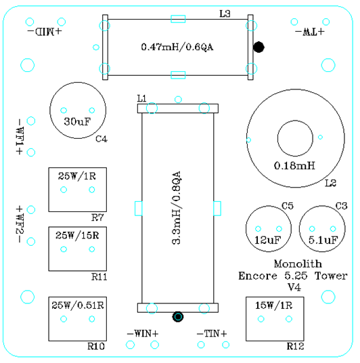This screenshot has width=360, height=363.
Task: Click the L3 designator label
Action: [225, 14]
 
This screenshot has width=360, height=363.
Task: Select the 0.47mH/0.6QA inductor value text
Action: [177, 47]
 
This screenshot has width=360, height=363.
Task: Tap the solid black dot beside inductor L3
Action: [258, 47]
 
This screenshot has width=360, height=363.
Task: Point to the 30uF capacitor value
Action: [77, 121]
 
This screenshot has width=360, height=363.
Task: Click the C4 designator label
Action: [102, 139]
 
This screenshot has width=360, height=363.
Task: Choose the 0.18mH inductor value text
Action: [294, 166]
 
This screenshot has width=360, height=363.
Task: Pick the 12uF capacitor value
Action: [268, 240]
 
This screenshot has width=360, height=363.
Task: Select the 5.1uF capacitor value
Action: [323, 240]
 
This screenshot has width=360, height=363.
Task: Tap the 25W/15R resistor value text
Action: [77, 236]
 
